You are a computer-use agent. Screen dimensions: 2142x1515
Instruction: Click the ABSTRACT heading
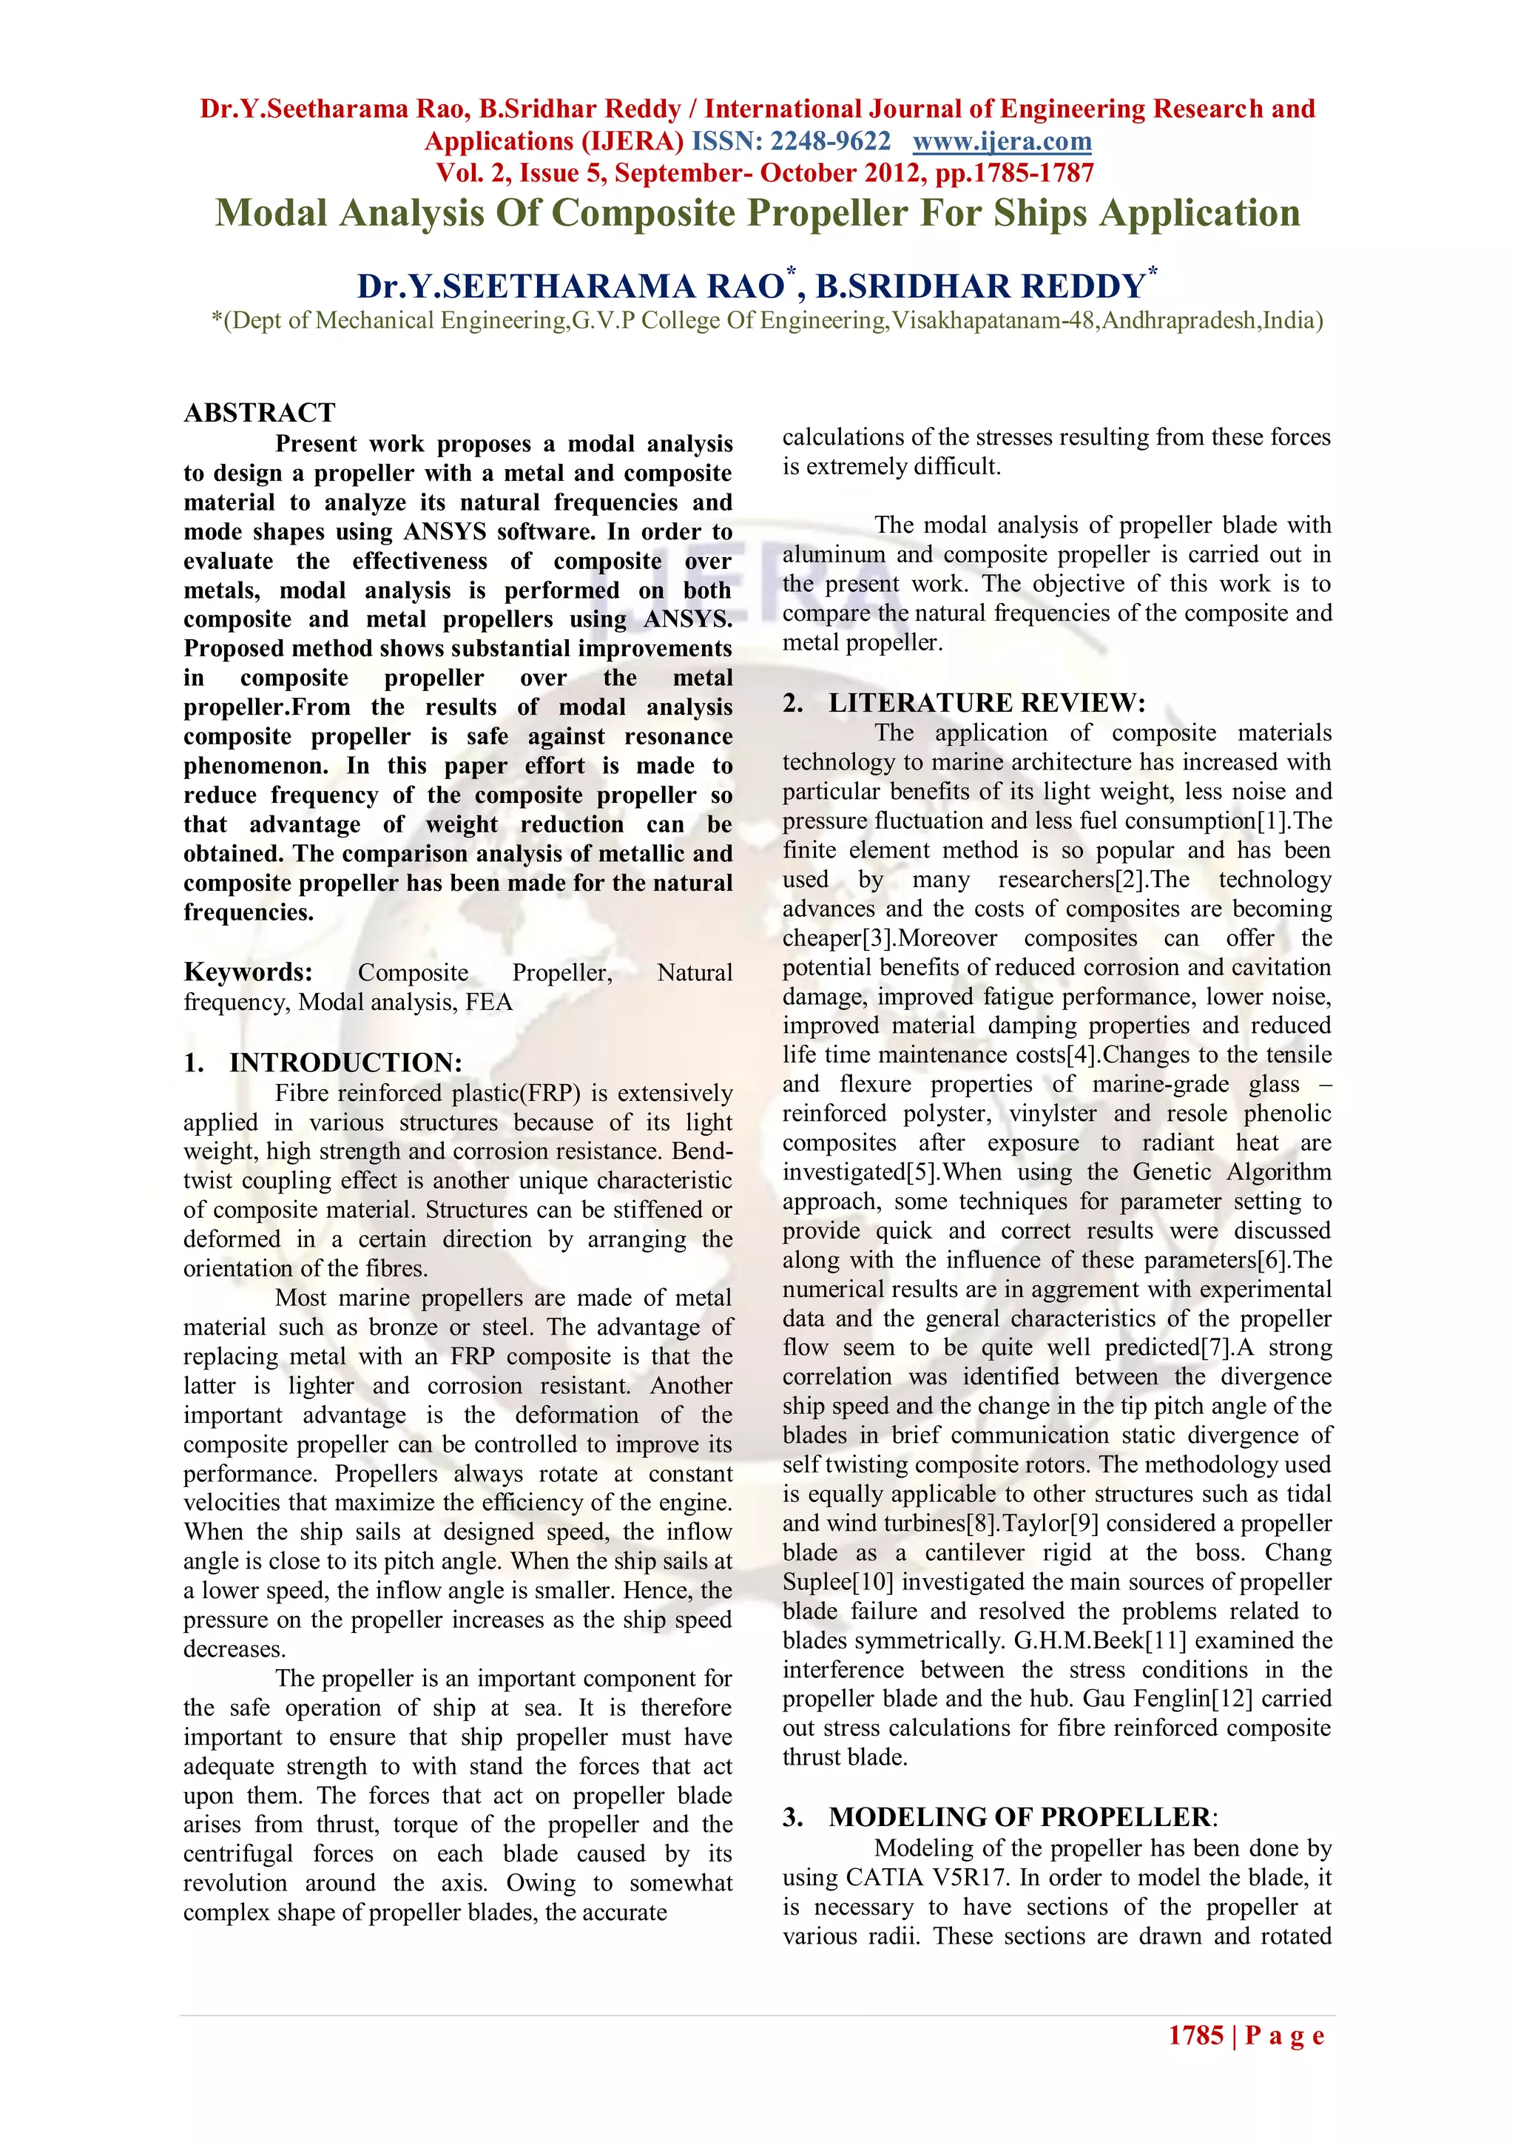[x=260, y=412]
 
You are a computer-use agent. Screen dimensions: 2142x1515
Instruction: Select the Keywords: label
[x=248, y=972]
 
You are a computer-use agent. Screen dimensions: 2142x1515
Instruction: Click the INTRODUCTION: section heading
[x=345, y=1062]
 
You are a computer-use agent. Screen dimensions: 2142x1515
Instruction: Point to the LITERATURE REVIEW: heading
[x=986, y=702]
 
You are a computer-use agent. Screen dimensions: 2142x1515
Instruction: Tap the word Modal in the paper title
[x=271, y=212]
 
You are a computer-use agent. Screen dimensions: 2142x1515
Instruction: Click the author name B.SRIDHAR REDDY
[x=979, y=286]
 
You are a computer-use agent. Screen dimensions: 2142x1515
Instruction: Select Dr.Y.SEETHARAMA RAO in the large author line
[x=570, y=286]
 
